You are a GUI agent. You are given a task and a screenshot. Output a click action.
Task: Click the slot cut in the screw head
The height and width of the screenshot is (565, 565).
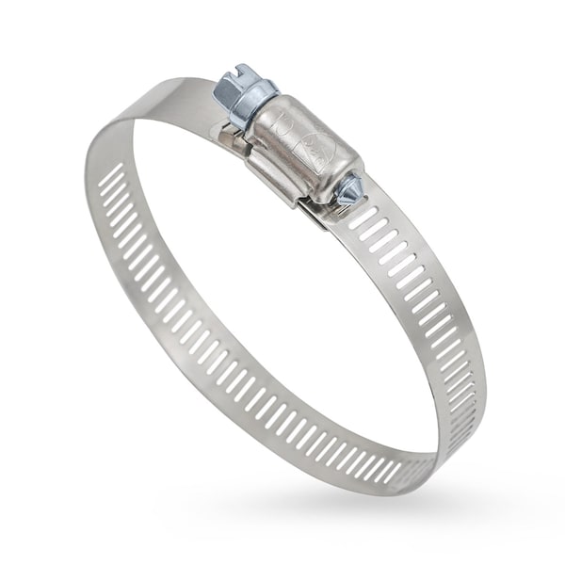point(235,77)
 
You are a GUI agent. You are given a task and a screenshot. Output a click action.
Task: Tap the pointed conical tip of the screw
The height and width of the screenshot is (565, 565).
point(359,190)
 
